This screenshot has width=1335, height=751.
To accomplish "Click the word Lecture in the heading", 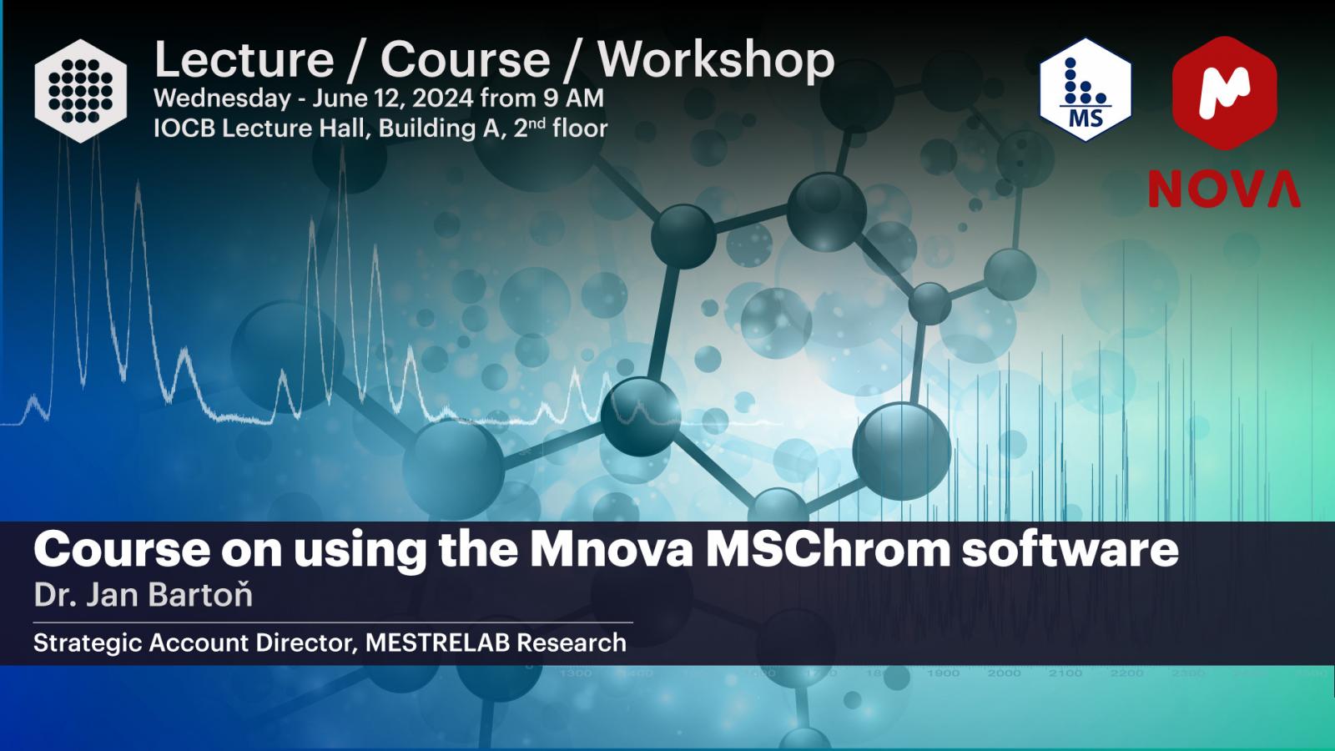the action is (244, 59).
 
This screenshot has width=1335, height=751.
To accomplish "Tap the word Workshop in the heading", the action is (716, 61).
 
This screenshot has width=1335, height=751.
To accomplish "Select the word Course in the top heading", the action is (465, 59).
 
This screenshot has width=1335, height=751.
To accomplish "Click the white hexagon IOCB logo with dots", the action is (80, 91).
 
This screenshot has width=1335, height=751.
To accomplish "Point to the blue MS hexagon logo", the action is (1086, 90).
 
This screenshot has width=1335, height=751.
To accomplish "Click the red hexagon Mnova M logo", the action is (1224, 93).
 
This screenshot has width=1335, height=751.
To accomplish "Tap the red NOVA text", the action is (1224, 189).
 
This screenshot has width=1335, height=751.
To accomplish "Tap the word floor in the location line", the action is (580, 129).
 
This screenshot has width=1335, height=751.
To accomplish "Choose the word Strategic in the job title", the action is (88, 643).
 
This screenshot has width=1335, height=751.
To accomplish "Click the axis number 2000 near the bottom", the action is (1005, 673).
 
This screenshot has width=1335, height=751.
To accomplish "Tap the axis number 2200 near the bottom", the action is (1126, 673).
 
